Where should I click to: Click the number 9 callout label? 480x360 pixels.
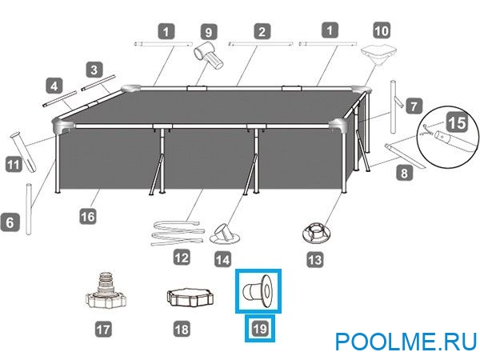tap(209, 33)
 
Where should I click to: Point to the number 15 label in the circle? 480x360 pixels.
tap(457, 122)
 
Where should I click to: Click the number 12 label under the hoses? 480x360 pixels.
tap(182, 258)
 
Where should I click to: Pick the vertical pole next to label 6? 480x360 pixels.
tap(31, 206)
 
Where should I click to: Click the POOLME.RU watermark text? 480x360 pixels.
tap(405, 342)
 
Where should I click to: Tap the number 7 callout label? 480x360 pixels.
tap(413, 105)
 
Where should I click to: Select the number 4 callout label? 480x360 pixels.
tap(54, 84)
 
